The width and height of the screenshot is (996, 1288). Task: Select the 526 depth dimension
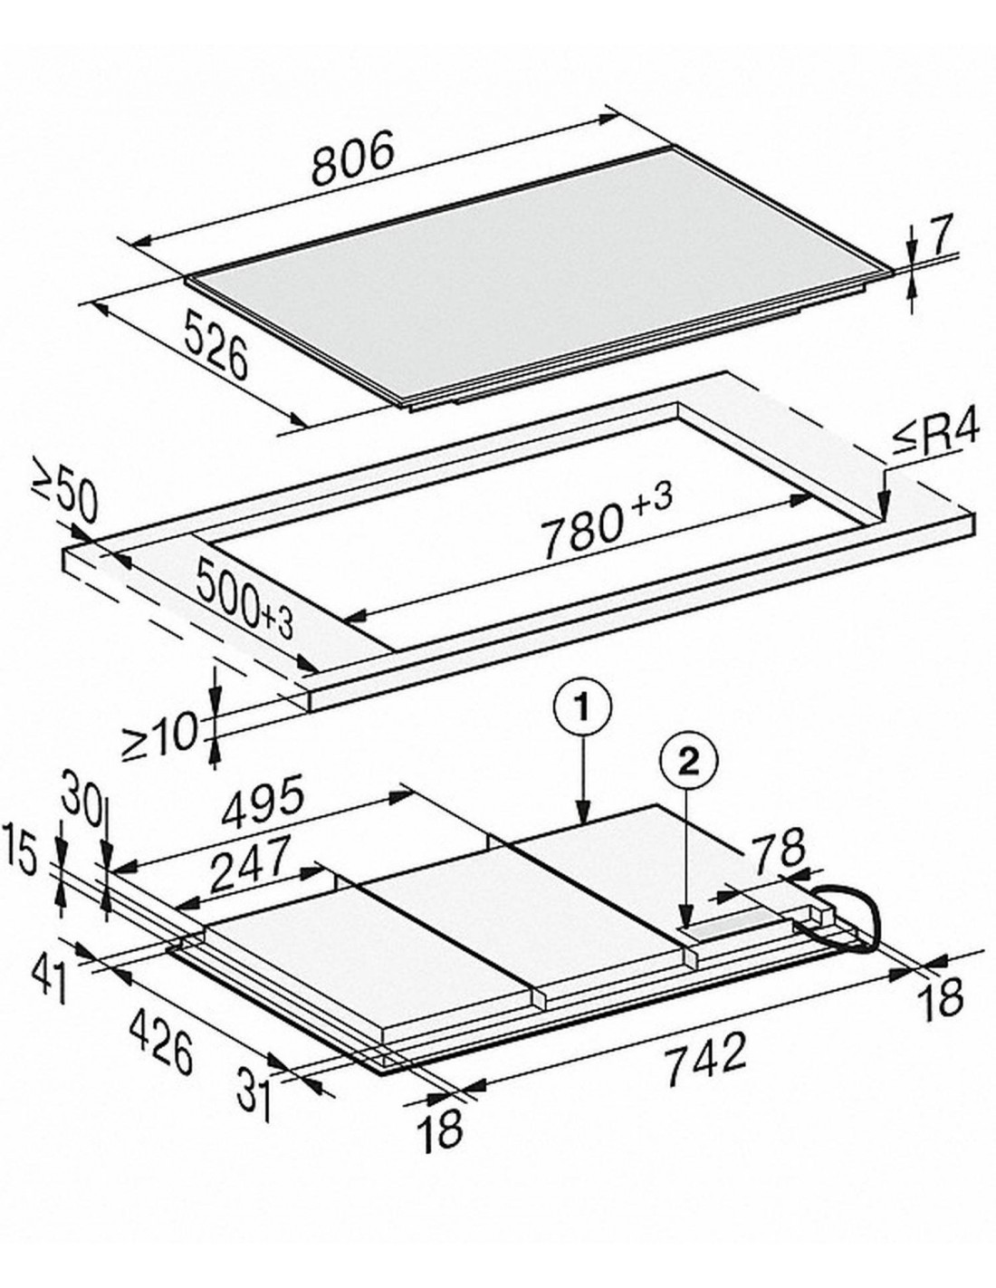(215, 344)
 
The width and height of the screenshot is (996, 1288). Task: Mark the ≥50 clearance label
(67, 495)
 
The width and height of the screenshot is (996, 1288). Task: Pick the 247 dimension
(250, 864)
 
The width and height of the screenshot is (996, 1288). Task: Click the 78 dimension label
(778, 847)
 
